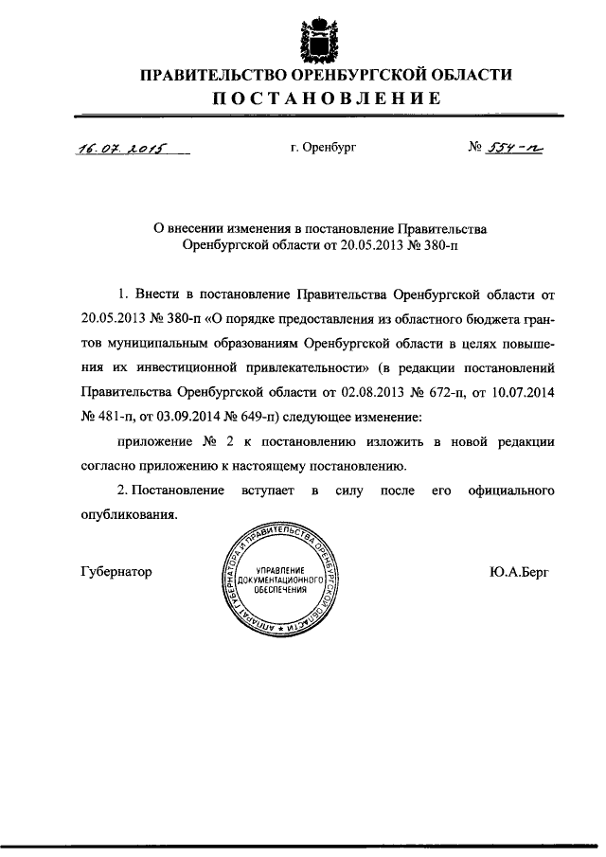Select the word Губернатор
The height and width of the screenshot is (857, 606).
(117, 572)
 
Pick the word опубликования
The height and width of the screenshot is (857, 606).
(129, 517)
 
